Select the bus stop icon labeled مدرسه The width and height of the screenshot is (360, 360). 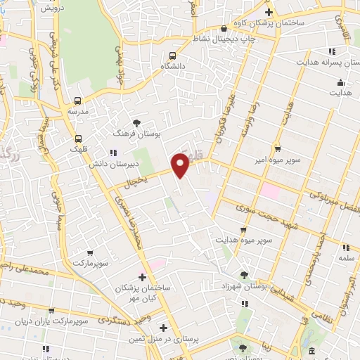pyautogui.click(x=77, y=101)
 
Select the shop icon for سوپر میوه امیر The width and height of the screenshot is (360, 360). pyautogui.click(x=278, y=149)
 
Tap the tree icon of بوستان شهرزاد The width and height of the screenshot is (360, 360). pyautogui.click(x=244, y=274)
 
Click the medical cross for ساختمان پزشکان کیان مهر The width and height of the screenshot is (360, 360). pyautogui.click(x=143, y=277)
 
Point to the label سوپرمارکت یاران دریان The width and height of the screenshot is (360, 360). pyautogui.click(x=52, y=321)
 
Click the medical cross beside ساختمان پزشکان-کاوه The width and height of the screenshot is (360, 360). pyautogui.click(x=268, y=13)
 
